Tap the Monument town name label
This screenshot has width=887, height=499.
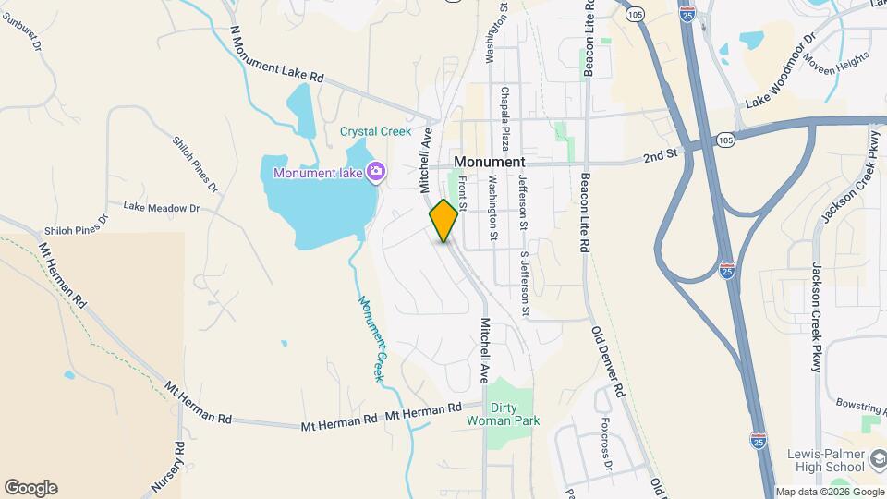pyautogui.click(x=489, y=161)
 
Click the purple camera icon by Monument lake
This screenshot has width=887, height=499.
pyautogui.click(x=375, y=171)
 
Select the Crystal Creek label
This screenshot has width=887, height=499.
pyautogui.click(x=374, y=131)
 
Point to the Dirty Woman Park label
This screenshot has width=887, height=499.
pyautogui.click(x=515, y=414)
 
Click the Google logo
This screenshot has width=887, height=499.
pyautogui.click(x=30, y=487)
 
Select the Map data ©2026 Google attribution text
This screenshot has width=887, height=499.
pyautogui.click(x=828, y=492)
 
